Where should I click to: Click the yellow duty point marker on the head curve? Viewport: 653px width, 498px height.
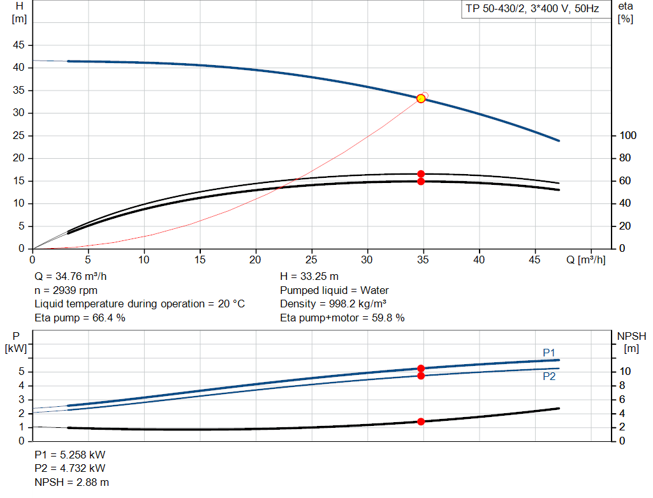[421, 98]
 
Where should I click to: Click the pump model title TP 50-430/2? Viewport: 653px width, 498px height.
[530, 10]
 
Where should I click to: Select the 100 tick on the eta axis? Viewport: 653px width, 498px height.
[628, 136]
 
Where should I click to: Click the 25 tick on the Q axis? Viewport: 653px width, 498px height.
[312, 260]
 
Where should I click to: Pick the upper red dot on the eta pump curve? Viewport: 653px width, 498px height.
[421, 174]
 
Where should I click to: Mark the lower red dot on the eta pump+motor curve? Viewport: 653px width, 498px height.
[421, 182]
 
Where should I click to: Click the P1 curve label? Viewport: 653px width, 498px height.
[549, 352]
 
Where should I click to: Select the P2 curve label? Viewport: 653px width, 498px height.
[549, 376]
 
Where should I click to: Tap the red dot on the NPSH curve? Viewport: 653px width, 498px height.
[421, 421]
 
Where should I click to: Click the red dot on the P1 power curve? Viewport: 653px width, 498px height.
[421, 369]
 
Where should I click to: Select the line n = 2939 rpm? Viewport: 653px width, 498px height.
[66, 290]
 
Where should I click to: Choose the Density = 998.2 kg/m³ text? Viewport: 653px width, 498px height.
[334, 304]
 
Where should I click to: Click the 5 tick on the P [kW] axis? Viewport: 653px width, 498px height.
[22, 372]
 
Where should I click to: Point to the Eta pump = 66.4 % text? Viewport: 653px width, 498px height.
[80, 317]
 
